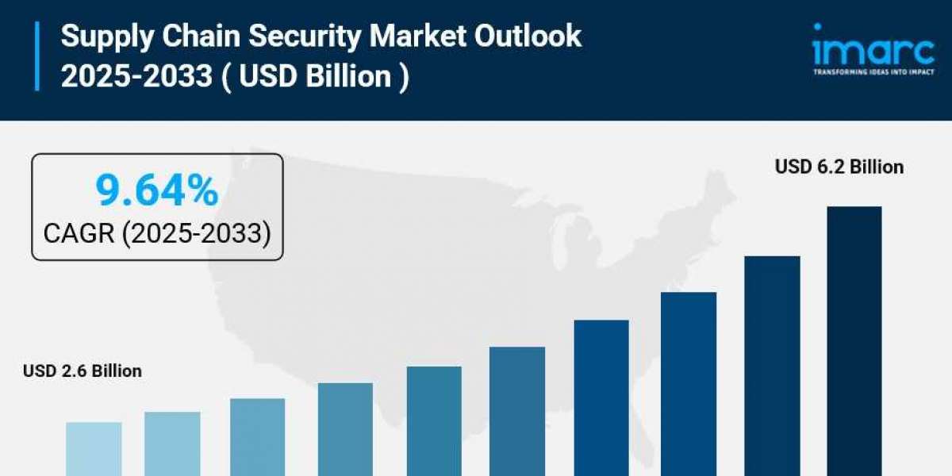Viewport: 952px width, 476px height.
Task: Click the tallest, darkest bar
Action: point(854,341)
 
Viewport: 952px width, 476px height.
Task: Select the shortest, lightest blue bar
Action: point(94,448)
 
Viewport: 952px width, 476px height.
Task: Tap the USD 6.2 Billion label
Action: point(839,167)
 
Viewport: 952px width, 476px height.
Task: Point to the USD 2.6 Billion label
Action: point(83,370)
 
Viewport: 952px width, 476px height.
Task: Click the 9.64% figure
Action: point(157,190)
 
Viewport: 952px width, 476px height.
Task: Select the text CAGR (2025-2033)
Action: point(157,233)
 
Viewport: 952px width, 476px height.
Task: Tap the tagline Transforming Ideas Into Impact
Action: point(873,71)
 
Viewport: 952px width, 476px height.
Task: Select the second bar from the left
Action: point(172,443)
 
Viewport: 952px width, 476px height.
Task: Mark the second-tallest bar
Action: point(772,366)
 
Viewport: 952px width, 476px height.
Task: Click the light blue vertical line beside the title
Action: point(36,56)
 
